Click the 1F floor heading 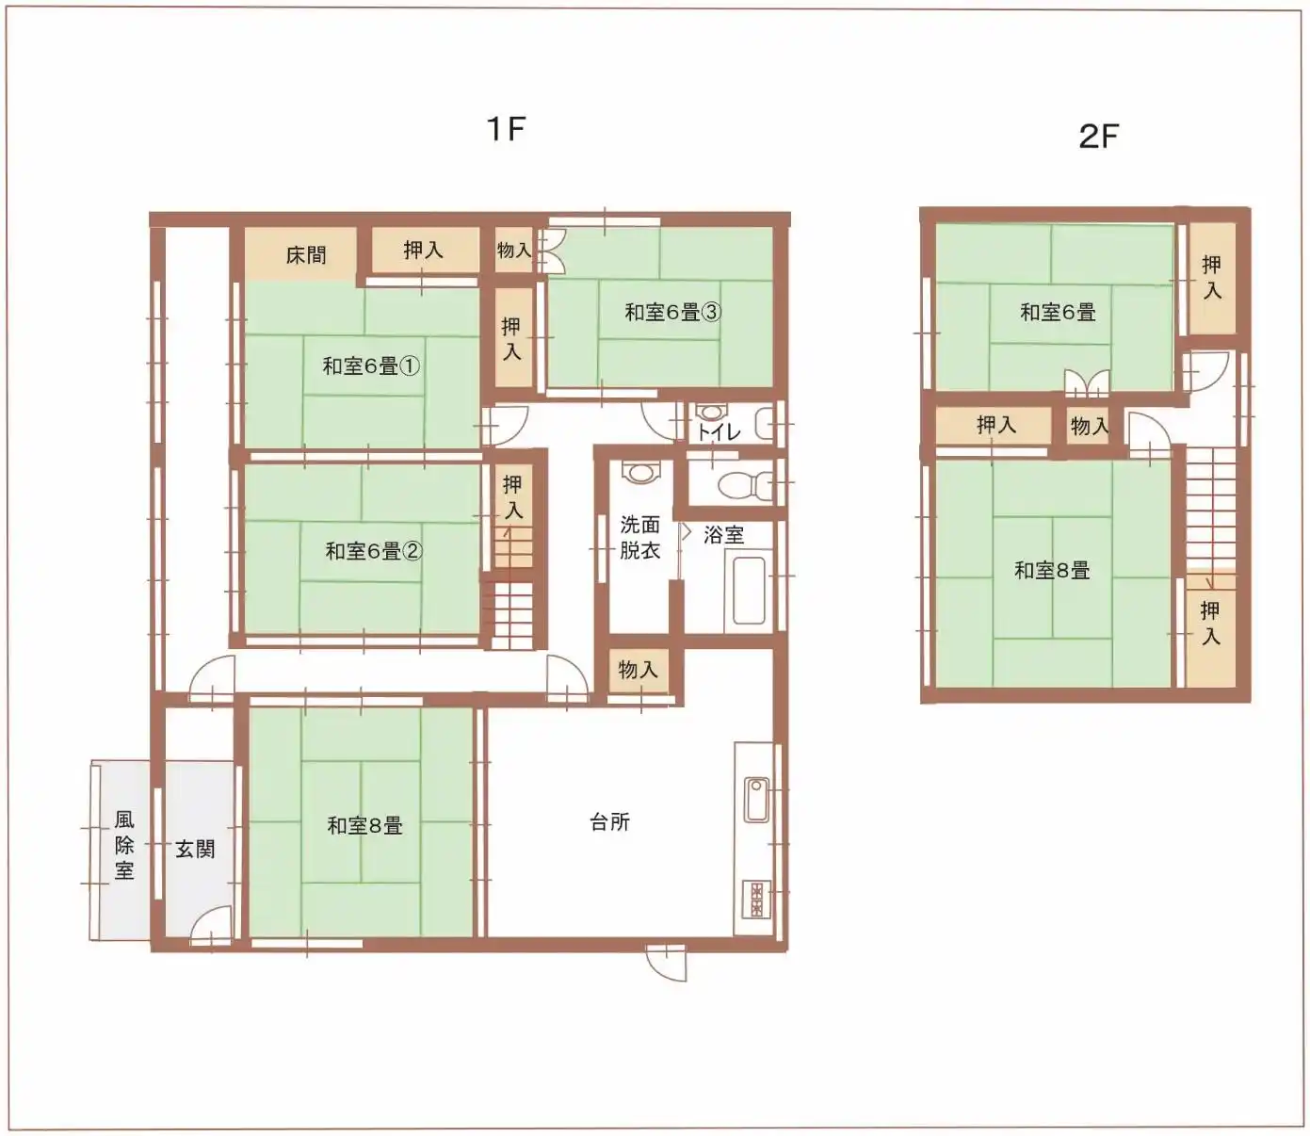tap(507, 129)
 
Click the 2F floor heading tap(1099, 137)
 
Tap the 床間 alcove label tap(306, 255)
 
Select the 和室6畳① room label tap(371, 365)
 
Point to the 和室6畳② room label tap(373, 551)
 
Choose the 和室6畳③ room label tap(673, 312)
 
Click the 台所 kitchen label tap(609, 822)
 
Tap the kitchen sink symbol tap(756, 800)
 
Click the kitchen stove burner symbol tap(757, 900)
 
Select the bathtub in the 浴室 tap(749, 592)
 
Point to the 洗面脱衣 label tap(639, 538)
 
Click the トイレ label tap(719, 432)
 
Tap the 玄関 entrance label tap(195, 849)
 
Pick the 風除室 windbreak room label tap(124, 846)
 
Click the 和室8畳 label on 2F tap(1052, 571)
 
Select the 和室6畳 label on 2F tap(1058, 312)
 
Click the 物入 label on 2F tap(1090, 426)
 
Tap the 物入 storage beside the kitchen tap(638, 670)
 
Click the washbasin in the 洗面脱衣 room tap(640, 472)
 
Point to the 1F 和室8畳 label tap(364, 825)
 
